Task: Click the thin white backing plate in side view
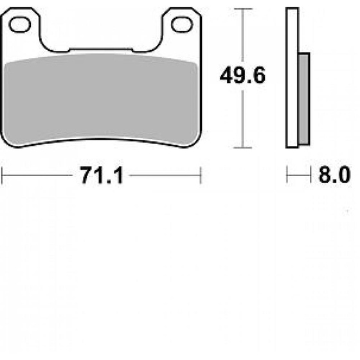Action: click(293, 77)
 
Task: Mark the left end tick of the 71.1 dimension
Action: click(3, 175)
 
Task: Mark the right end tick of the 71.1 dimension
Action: click(201, 175)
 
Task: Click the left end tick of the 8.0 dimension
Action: click(287, 175)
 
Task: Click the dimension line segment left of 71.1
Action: click(39, 175)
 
